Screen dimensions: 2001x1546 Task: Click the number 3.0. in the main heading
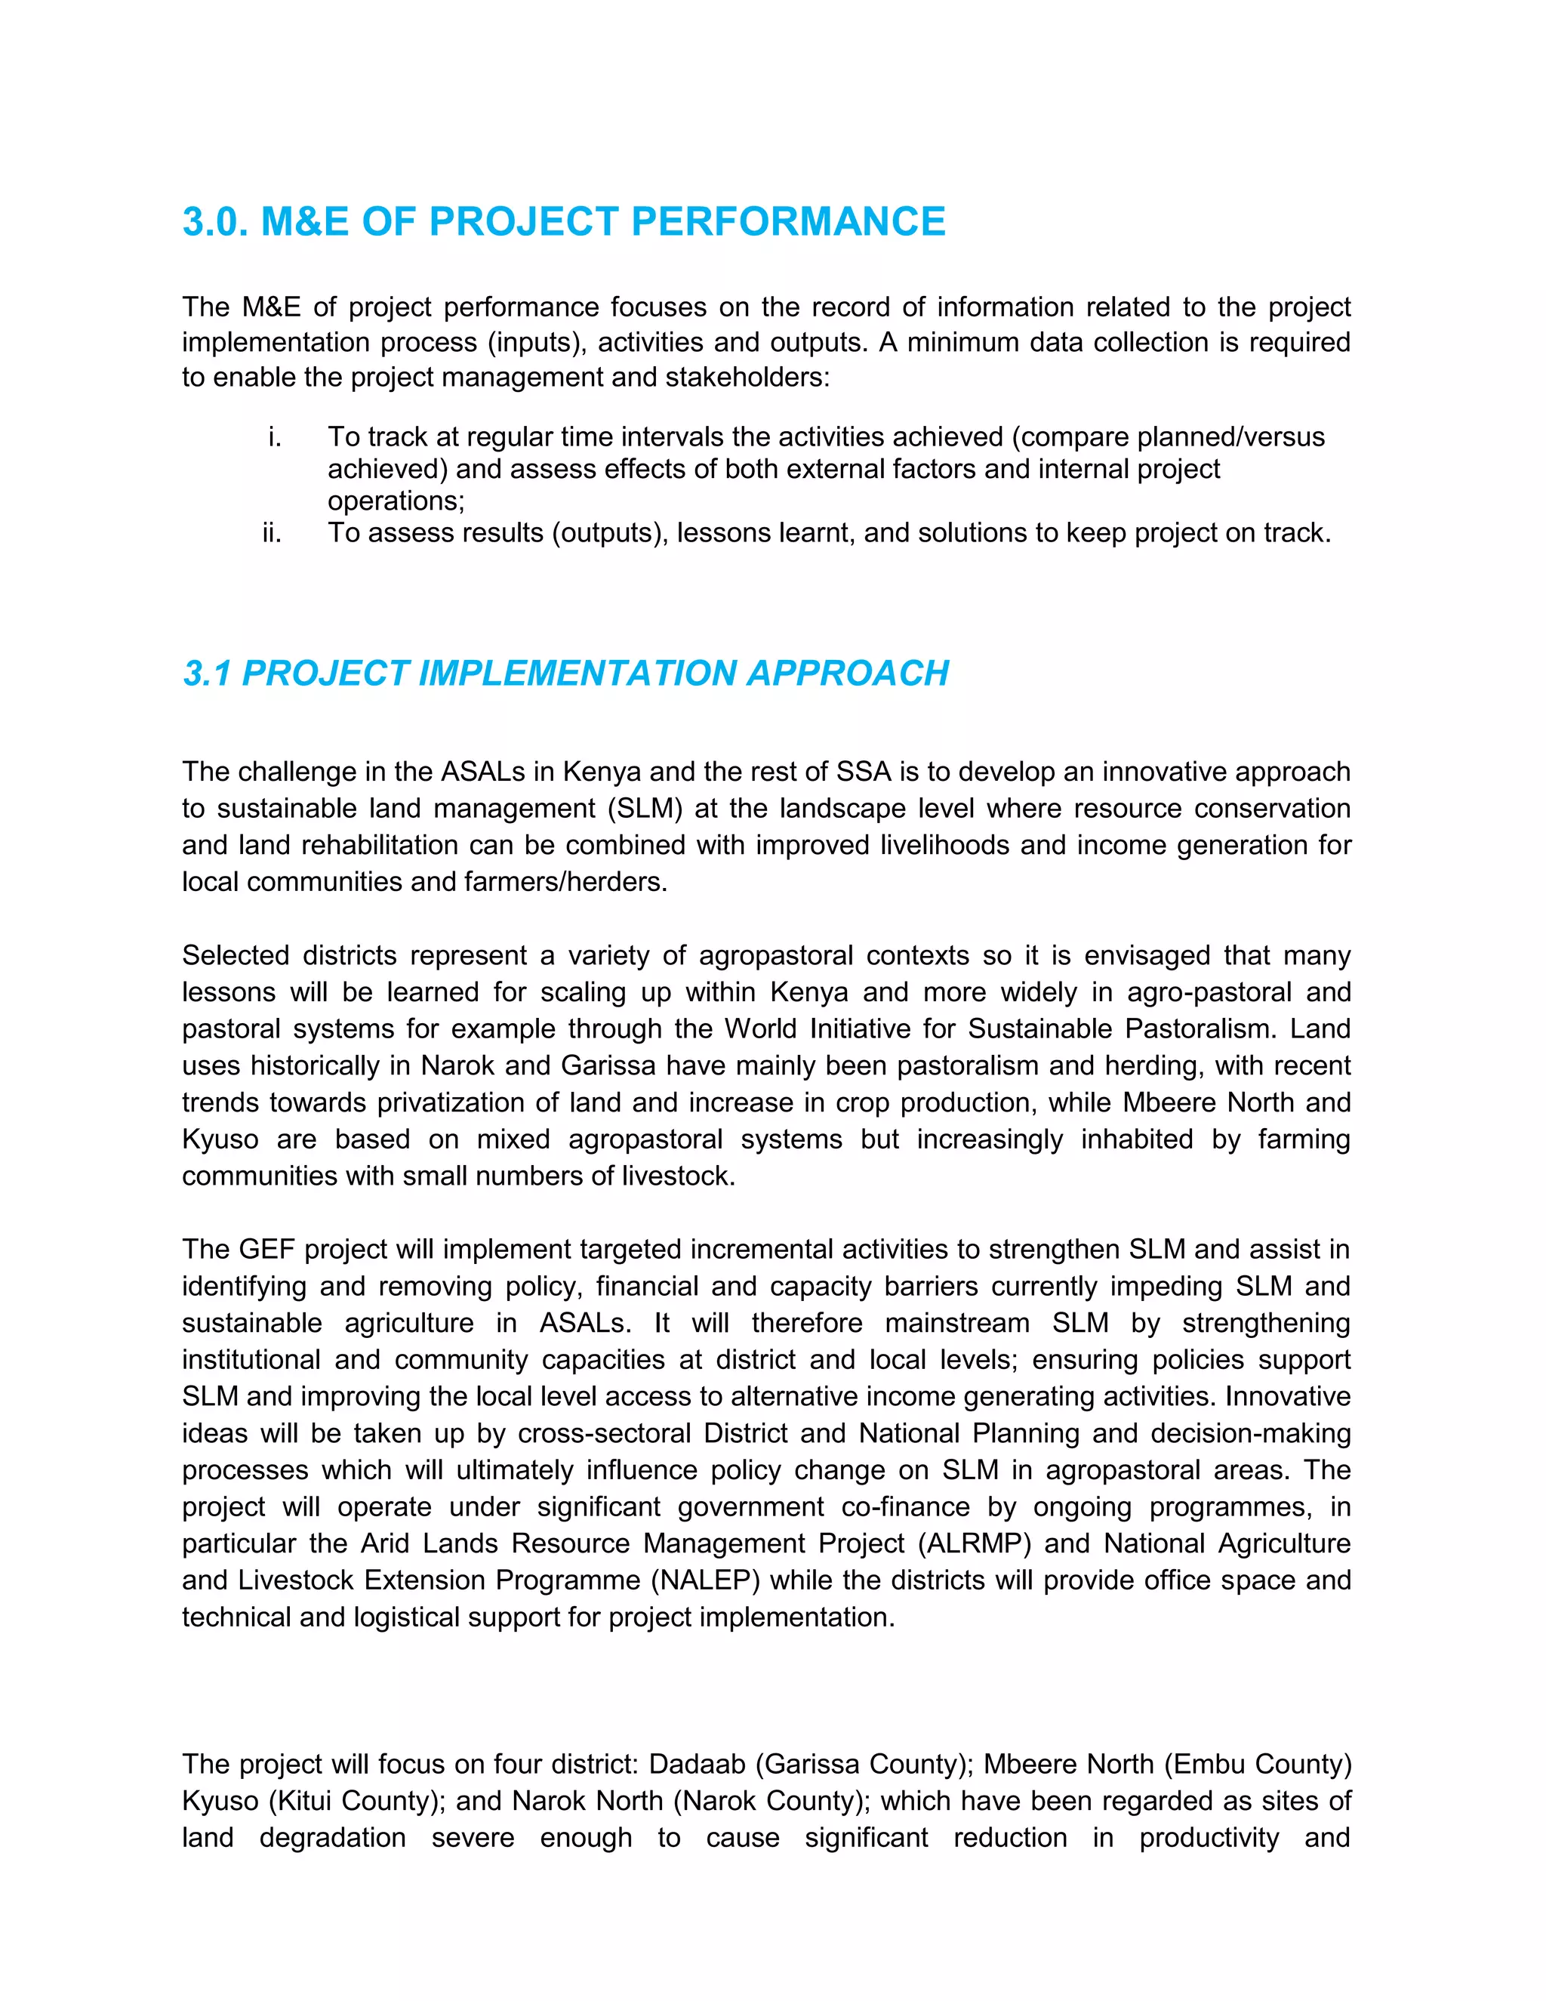pyautogui.click(x=216, y=222)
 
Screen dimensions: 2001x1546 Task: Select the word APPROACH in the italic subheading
pyautogui.click(x=847, y=674)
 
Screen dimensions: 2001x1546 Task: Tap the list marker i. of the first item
pyautogui.click(x=274, y=437)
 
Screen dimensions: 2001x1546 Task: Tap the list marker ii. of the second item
pyautogui.click(x=271, y=533)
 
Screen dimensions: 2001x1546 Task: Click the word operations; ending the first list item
pyautogui.click(x=396, y=501)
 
